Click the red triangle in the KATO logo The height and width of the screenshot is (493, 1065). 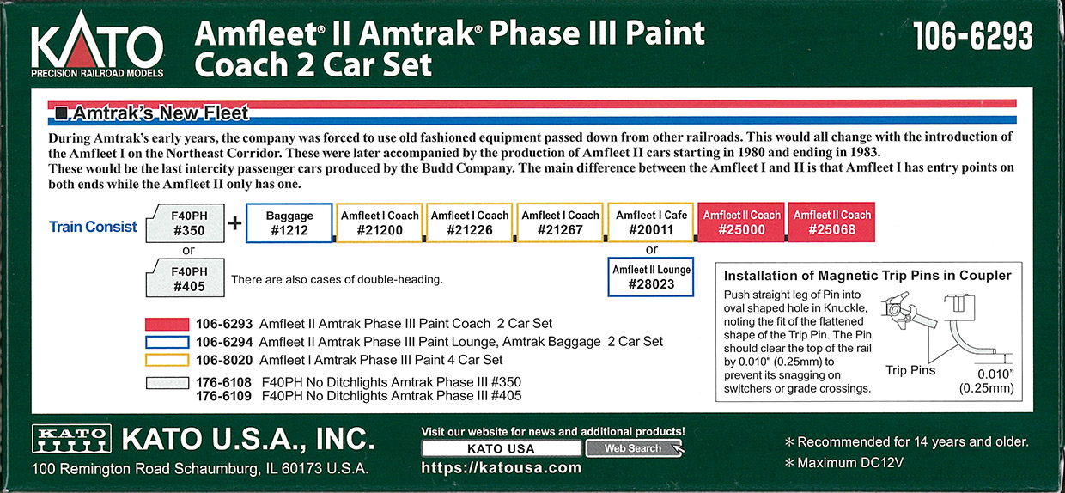click(86, 52)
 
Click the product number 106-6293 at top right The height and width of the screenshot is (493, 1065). click(973, 37)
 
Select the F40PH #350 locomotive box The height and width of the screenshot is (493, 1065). click(186, 223)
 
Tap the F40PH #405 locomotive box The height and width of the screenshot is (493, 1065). click(186, 278)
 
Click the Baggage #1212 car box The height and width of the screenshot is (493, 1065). click(289, 223)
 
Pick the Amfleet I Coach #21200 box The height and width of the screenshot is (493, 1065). click(380, 222)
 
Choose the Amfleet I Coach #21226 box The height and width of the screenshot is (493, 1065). click(469, 222)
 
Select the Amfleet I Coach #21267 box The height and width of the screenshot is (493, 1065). click(560, 222)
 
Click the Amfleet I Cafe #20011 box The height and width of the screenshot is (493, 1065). click(650, 222)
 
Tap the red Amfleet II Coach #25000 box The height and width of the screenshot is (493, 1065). click(741, 222)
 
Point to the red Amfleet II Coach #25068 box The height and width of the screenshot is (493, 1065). click(831, 222)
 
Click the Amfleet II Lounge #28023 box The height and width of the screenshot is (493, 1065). click(650, 277)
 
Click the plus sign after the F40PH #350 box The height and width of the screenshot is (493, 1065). click(234, 223)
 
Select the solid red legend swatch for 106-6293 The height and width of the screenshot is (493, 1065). click(167, 325)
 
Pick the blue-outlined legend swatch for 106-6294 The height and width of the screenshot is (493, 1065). click(167, 343)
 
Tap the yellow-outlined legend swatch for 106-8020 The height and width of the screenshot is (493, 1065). click(167, 361)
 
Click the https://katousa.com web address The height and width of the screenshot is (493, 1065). click(502, 468)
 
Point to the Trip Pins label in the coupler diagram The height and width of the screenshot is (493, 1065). click(910, 370)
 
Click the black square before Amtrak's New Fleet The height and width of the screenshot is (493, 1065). click(61, 113)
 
